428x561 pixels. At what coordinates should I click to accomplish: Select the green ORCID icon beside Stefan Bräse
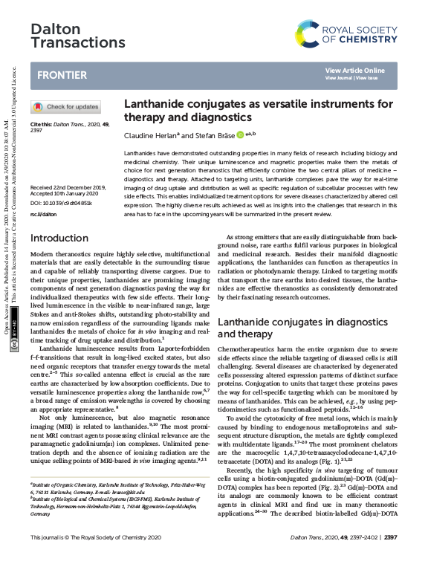point(240,134)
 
